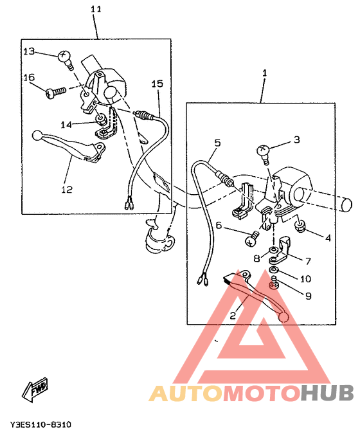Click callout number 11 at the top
tap(96, 10)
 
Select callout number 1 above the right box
tap(264, 74)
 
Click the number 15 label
tap(157, 84)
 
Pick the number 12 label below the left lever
tap(67, 190)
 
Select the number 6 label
tap(218, 226)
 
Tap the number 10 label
tap(306, 279)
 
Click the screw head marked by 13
tap(63, 57)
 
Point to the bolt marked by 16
tap(53, 93)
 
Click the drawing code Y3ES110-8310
tap(40, 425)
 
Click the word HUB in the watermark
tap(328, 393)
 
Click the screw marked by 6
tap(251, 240)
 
